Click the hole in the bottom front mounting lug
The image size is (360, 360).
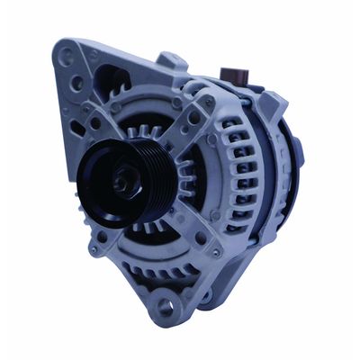tap(166, 306)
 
